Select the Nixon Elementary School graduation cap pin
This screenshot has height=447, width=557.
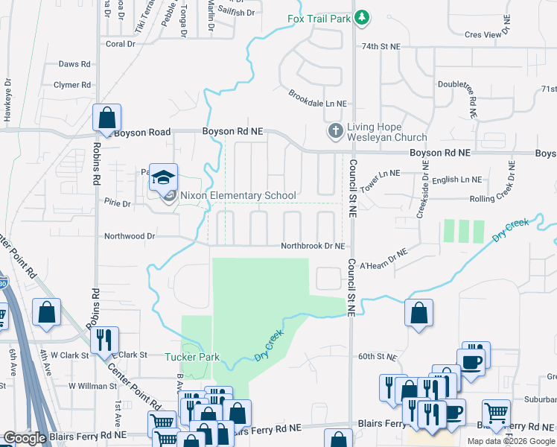tap(164, 179)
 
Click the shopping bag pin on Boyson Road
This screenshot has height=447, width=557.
tap(107, 118)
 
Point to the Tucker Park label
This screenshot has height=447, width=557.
tap(192, 357)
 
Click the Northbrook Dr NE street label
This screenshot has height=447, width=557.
tap(313, 246)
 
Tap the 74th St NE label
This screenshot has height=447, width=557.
tap(381, 46)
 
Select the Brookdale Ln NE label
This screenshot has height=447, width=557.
tap(318, 98)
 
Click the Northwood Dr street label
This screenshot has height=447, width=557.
tap(130, 235)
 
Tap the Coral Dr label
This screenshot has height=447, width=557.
tap(121, 44)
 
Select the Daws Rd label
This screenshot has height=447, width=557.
tap(74, 65)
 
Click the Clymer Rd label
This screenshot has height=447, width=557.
tap(72, 85)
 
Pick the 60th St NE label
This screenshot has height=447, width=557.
tap(375, 357)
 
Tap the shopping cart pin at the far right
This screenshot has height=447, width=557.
tap(496, 411)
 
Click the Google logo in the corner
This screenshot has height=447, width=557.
tap(25, 438)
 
